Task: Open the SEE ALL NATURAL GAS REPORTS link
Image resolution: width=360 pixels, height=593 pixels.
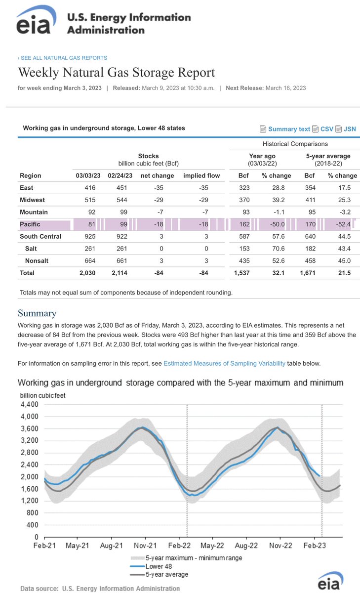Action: click(x=63, y=58)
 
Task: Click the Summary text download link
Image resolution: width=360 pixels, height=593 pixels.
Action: click(x=289, y=129)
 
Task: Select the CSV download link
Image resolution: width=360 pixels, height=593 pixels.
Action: click(x=326, y=129)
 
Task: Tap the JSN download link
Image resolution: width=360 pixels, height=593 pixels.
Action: click(x=350, y=129)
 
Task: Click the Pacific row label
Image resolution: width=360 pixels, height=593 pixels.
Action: click(x=31, y=224)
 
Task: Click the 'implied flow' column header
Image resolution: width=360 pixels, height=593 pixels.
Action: click(x=201, y=175)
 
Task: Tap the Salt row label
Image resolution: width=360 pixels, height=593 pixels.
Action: click(x=31, y=249)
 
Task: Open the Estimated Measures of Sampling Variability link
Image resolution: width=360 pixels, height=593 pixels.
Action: click(x=224, y=363)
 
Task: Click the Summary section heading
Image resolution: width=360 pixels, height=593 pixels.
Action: click(x=37, y=313)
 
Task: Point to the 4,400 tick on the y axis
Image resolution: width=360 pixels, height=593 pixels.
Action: click(x=30, y=405)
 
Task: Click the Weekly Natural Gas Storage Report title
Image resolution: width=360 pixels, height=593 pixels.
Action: click(x=117, y=73)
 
